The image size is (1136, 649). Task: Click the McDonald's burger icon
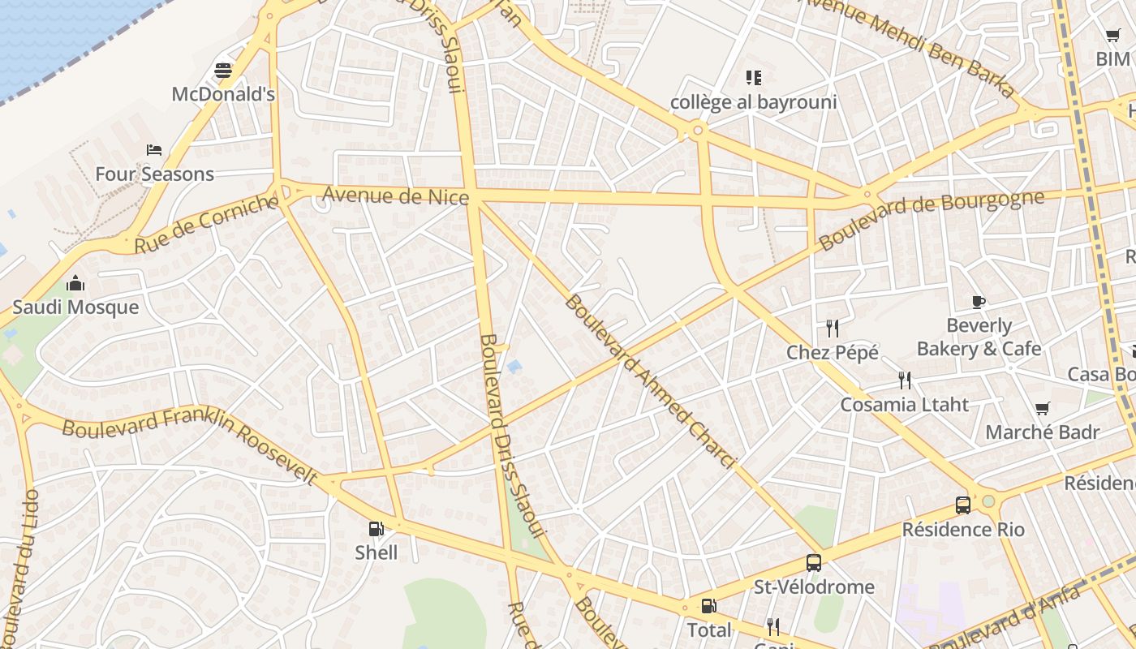tap(223, 71)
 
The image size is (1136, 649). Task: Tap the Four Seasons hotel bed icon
tap(154, 150)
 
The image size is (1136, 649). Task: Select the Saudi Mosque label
tap(75, 307)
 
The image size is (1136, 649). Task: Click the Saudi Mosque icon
tap(75, 283)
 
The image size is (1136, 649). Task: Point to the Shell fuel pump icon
tap(376, 529)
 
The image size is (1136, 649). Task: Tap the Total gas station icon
tap(708, 606)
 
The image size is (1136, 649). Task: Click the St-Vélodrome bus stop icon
tap(813, 563)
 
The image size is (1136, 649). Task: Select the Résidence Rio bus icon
tap(963, 505)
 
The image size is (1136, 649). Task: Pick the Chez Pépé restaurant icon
tap(832, 329)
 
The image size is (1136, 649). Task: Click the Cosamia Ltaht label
tap(904, 404)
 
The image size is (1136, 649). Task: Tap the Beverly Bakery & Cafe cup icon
tap(979, 303)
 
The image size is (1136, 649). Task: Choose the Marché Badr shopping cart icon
tap(1043, 408)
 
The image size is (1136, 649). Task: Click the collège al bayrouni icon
tap(754, 78)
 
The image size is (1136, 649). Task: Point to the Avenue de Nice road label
tap(396, 196)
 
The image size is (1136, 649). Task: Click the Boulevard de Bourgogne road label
tap(931, 220)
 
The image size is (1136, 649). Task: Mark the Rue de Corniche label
tap(206, 223)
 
